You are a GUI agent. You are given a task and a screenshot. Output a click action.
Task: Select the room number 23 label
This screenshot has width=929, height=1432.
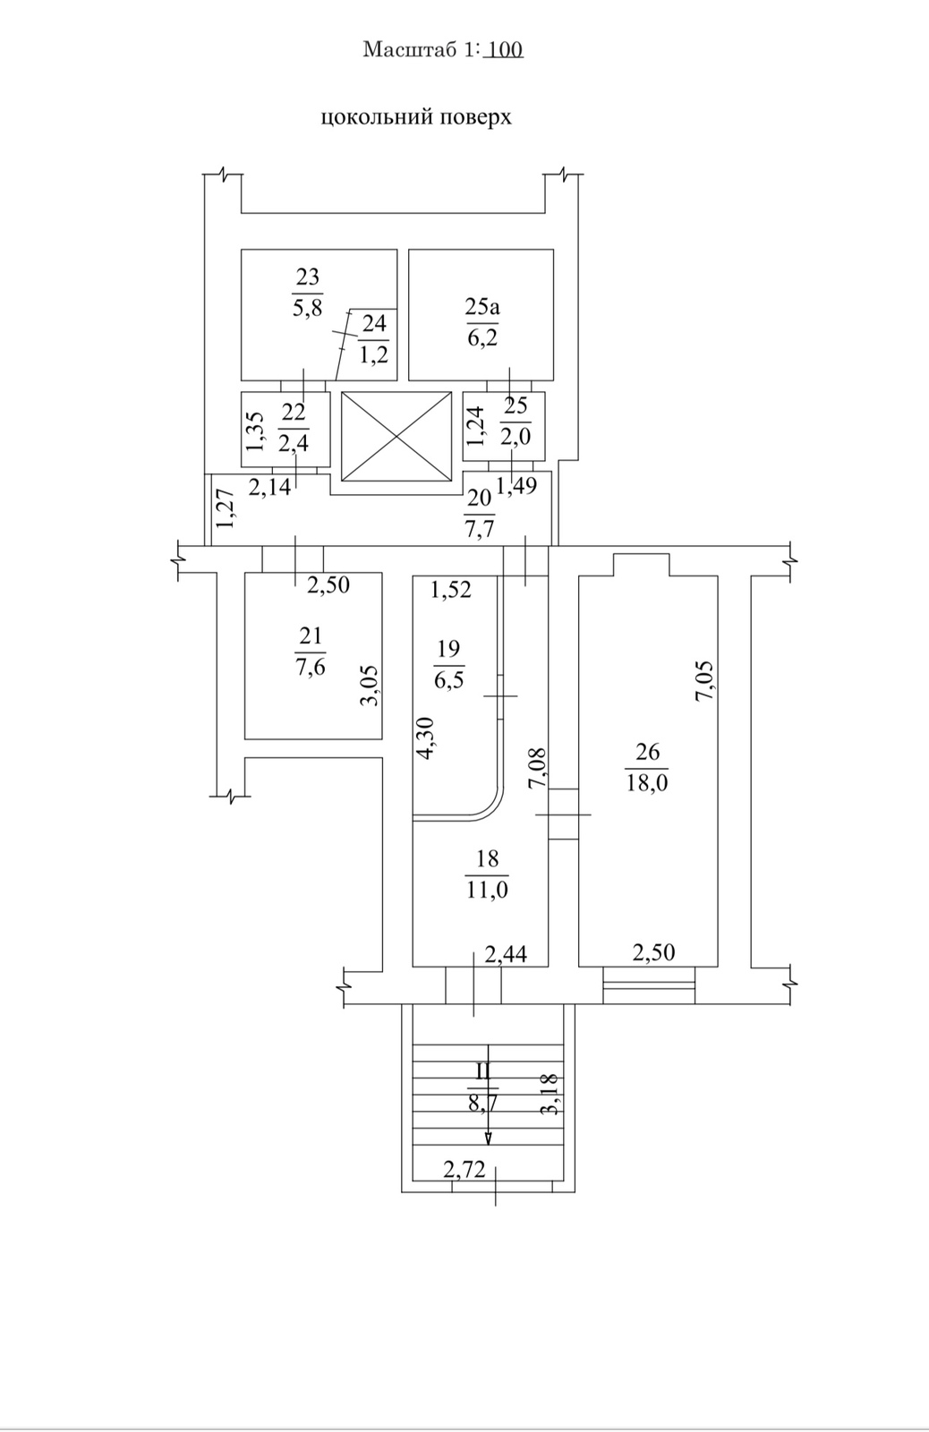tap(307, 277)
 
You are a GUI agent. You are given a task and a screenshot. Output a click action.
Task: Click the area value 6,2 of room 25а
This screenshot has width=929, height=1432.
tap(482, 337)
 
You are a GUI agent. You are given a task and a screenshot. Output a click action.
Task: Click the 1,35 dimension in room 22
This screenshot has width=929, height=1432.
tap(255, 430)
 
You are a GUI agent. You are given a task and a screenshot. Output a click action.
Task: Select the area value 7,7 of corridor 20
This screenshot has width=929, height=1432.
tap(480, 529)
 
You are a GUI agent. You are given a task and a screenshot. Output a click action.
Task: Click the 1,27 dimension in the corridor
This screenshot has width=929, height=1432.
tap(224, 507)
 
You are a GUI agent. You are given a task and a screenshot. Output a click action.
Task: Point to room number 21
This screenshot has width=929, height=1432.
tap(311, 635)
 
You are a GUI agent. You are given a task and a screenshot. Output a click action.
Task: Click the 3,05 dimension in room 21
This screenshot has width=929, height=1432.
tap(370, 686)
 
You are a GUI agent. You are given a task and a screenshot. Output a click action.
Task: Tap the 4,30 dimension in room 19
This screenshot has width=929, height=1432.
tap(426, 738)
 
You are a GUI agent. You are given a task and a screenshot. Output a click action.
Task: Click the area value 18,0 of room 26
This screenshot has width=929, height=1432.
tap(647, 783)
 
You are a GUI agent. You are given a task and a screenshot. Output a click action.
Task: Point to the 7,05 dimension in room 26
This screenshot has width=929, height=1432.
tap(704, 680)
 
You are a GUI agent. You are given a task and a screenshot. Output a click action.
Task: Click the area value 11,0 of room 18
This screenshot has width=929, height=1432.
tap(486, 891)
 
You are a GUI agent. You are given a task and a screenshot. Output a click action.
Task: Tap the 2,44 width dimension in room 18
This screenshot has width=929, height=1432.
tap(506, 955)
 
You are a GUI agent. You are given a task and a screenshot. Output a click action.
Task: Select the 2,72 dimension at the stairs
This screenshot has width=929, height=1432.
tap(464, 1168)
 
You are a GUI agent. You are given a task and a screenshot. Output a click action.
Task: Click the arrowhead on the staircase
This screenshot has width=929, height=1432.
tap(488, 1138)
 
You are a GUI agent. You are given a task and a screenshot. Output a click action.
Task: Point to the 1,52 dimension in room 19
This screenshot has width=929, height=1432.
tap(450, 591)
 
